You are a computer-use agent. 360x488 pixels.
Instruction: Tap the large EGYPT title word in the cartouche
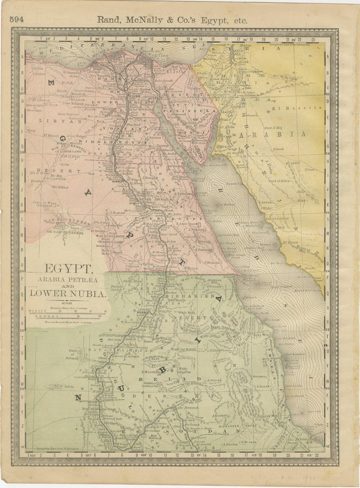[68, 269]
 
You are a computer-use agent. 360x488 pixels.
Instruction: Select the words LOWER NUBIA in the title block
[68, 294]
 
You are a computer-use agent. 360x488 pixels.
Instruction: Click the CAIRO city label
[133, 96]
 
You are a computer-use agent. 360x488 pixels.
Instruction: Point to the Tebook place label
[279, 149]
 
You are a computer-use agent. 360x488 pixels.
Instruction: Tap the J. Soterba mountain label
[259, 376]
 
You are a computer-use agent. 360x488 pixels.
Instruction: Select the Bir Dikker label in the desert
[60, 186]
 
